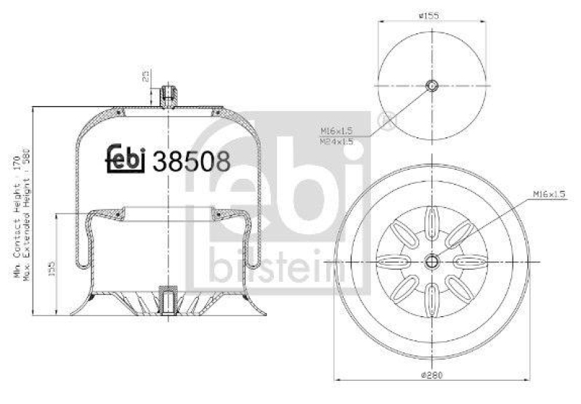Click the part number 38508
click(x=191, y=161)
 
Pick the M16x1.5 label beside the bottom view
click(x=549, y=194)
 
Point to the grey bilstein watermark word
click(x=276, y=269)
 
